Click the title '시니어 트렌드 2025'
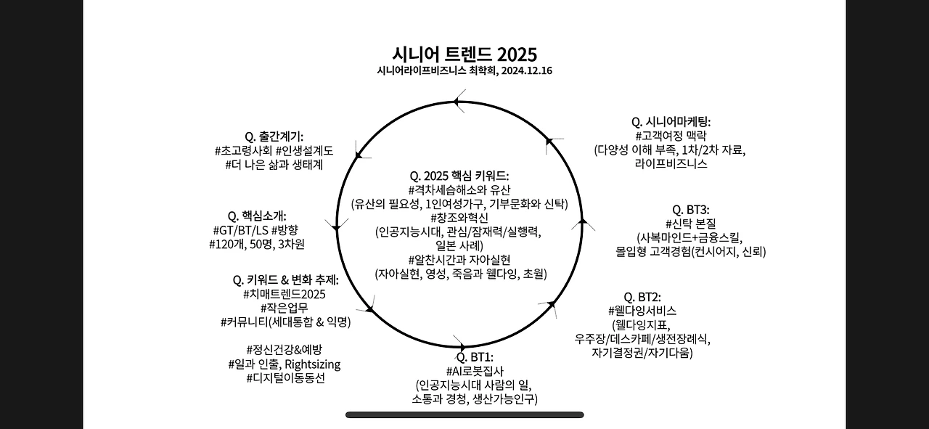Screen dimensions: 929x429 point(464,54)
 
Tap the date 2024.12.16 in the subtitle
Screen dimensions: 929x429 point(526,71)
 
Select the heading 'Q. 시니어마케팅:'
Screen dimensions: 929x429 point(671,121)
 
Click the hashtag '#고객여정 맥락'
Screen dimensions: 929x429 point(670,136)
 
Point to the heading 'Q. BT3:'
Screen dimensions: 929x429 point(690,210)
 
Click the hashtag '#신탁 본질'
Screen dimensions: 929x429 point(690,224)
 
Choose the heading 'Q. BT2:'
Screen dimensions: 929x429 point(642,297)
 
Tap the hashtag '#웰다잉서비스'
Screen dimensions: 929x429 point(642,311)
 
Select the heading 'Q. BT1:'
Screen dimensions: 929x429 point(475,357)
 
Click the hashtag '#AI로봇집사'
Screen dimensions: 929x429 point(475,371)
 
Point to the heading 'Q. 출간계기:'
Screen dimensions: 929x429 point(274,136)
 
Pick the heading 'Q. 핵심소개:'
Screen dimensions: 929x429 point(257,216)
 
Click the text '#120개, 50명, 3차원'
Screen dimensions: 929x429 point(257,244)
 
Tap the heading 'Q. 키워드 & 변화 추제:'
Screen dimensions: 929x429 point(285,279)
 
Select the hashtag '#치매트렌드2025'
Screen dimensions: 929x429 point(285,294)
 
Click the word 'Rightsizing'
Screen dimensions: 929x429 point(312,364)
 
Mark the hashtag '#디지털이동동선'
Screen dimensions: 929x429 point(285,378)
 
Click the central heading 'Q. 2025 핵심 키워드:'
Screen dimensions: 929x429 point(459,176)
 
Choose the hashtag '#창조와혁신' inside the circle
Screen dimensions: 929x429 point(459,218)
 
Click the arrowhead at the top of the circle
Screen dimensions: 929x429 point(459,102)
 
